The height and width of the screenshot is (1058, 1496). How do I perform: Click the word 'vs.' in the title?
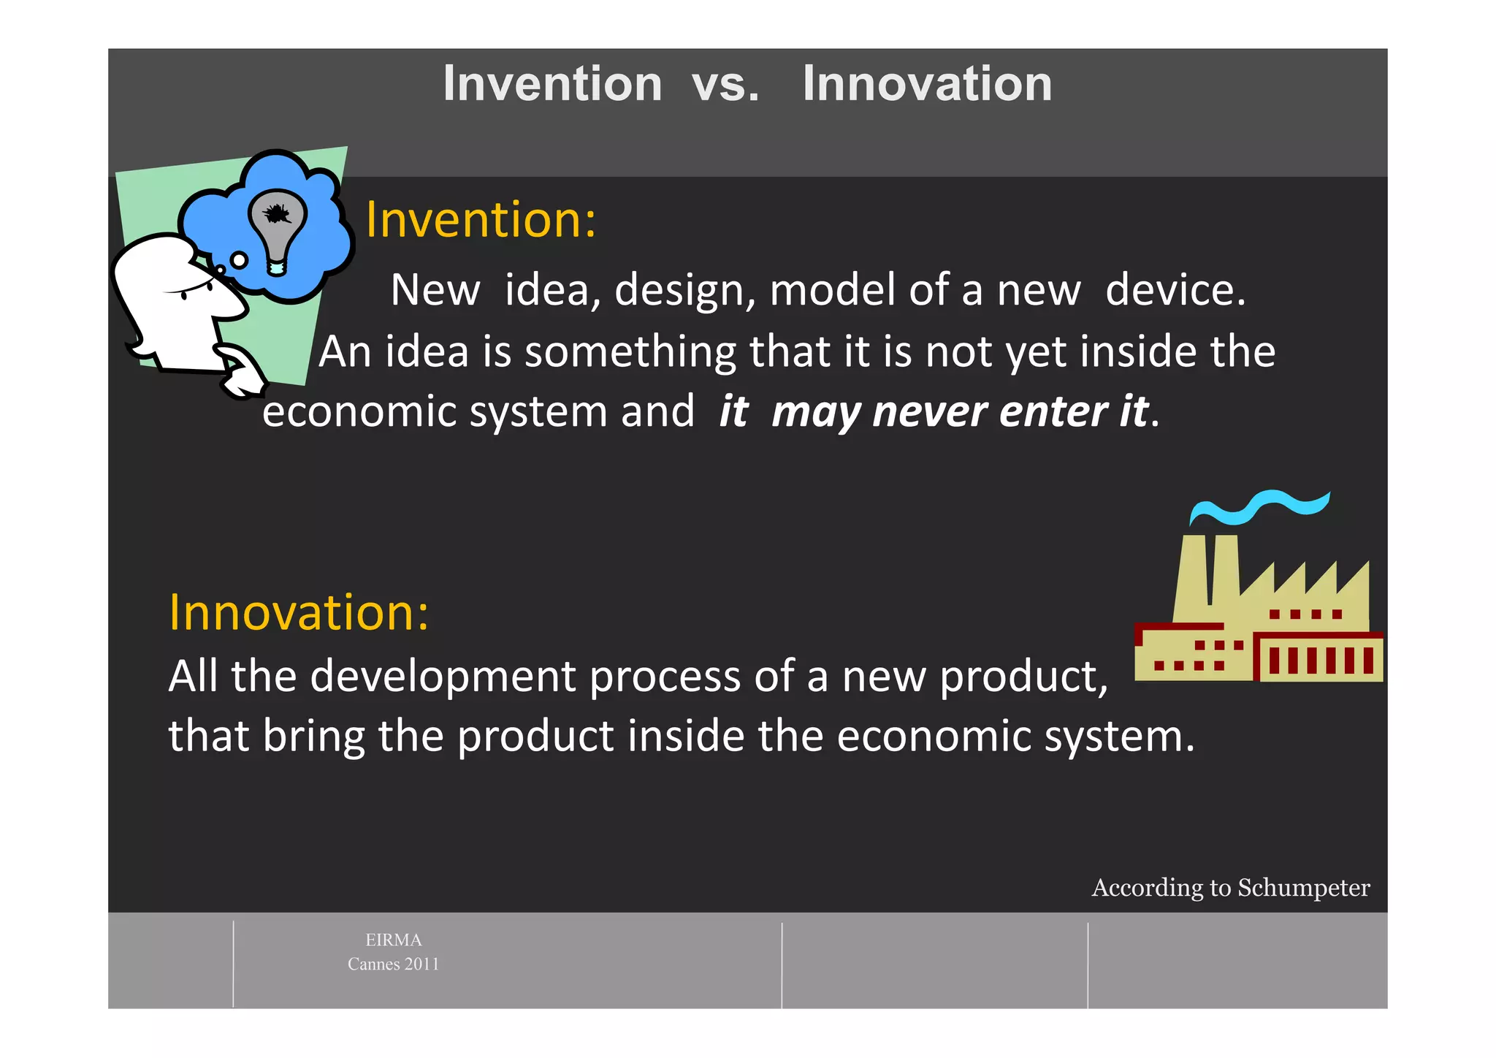[725, 84]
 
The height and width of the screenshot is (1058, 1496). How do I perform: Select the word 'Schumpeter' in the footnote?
[1303, 888]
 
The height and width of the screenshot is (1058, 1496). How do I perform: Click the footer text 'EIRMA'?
[393, 940]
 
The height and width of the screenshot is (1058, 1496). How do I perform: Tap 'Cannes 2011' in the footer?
[393, 964]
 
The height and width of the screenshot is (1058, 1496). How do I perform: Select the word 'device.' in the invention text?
[1175, 290]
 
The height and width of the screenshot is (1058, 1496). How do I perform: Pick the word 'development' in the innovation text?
[443, 676]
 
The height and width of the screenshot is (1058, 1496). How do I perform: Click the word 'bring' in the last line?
[313, 736]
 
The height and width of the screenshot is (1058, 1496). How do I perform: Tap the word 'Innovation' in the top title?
[926, 84]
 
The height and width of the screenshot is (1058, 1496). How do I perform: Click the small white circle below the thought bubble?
[239, 259]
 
